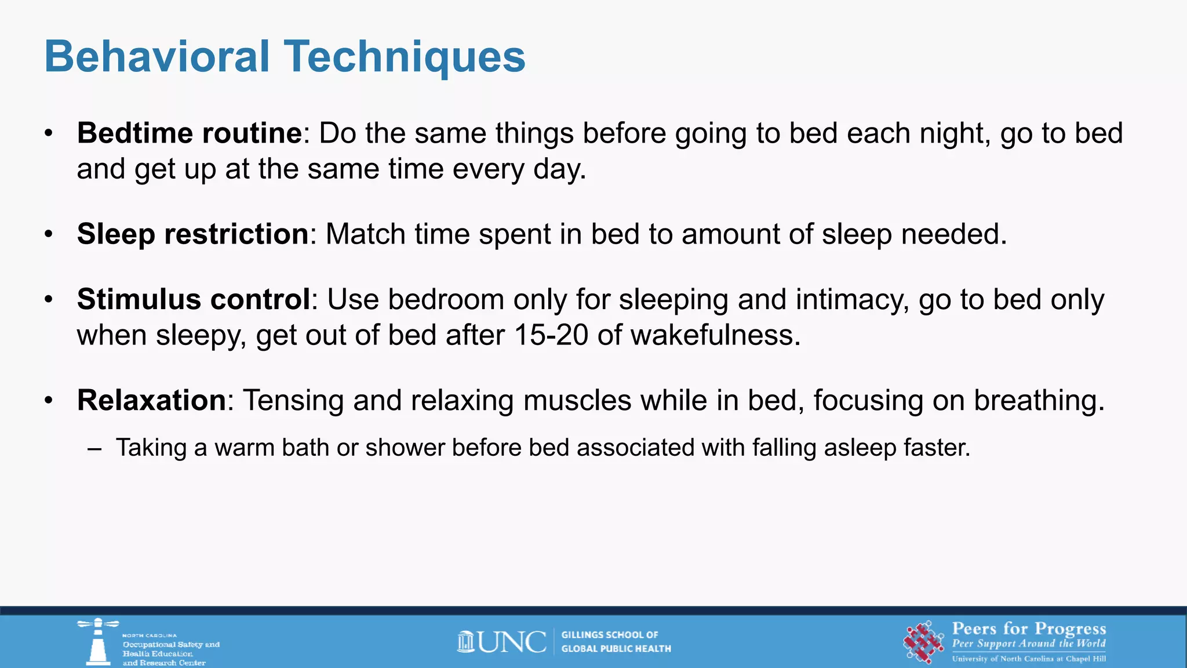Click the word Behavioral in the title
click(157, 57)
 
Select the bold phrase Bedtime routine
click(190, 133)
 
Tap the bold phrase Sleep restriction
click(193, 234)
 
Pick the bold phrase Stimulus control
click(194, 300)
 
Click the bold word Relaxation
click(151, 401)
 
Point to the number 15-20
click(551, 336)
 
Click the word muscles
click(577, 401)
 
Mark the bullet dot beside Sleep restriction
click(49, 235)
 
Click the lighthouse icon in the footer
click(98, 641)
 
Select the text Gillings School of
click(610, 635)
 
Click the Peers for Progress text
click(1029, 629)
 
